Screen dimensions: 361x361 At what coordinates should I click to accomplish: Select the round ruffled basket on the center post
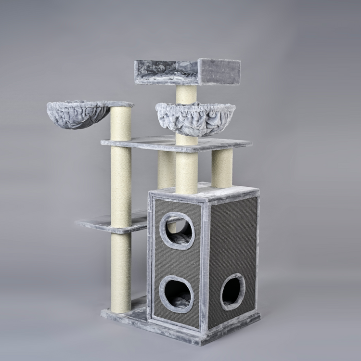[195, 118]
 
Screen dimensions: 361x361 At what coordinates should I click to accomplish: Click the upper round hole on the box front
[177, 230]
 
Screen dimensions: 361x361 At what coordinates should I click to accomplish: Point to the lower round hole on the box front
[176, 294]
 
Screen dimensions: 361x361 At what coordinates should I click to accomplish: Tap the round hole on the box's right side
[232, 291]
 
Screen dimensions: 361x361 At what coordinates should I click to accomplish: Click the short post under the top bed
[186, 94]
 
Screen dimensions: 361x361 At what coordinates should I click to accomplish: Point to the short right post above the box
[222, 168]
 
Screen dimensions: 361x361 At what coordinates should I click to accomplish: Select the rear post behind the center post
[166, 169]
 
